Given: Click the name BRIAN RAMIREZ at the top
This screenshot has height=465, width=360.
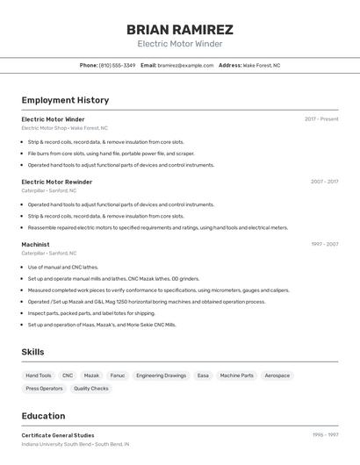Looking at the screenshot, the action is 180,29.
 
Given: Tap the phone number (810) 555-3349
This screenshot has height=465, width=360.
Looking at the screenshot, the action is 117,65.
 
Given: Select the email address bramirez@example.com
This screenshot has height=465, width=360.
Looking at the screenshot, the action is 185,65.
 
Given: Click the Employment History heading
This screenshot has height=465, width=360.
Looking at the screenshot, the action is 65,100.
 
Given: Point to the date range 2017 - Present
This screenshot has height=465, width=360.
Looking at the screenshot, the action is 321,119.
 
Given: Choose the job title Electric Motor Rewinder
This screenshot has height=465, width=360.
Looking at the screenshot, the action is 56,182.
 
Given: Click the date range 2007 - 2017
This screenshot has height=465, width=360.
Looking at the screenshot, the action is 324,182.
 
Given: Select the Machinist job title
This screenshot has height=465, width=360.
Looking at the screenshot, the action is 35,245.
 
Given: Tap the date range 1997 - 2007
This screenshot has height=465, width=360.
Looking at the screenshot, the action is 324,245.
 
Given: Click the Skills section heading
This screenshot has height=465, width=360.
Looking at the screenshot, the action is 32,352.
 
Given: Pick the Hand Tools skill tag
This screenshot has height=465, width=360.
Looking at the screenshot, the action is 39,376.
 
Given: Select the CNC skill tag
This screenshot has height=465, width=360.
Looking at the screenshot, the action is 68,376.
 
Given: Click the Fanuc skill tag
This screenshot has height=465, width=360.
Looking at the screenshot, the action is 118,376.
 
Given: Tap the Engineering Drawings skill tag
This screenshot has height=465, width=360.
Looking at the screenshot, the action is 162,376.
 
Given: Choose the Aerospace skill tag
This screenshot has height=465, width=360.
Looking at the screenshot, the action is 277,376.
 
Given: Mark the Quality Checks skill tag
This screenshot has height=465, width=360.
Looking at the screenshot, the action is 91,388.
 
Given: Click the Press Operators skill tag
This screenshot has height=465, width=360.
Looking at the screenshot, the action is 44,388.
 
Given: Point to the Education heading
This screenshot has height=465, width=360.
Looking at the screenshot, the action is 43,416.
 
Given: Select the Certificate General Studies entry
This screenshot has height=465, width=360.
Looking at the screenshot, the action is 57,435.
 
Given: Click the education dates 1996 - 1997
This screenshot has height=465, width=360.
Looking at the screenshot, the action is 325,435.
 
